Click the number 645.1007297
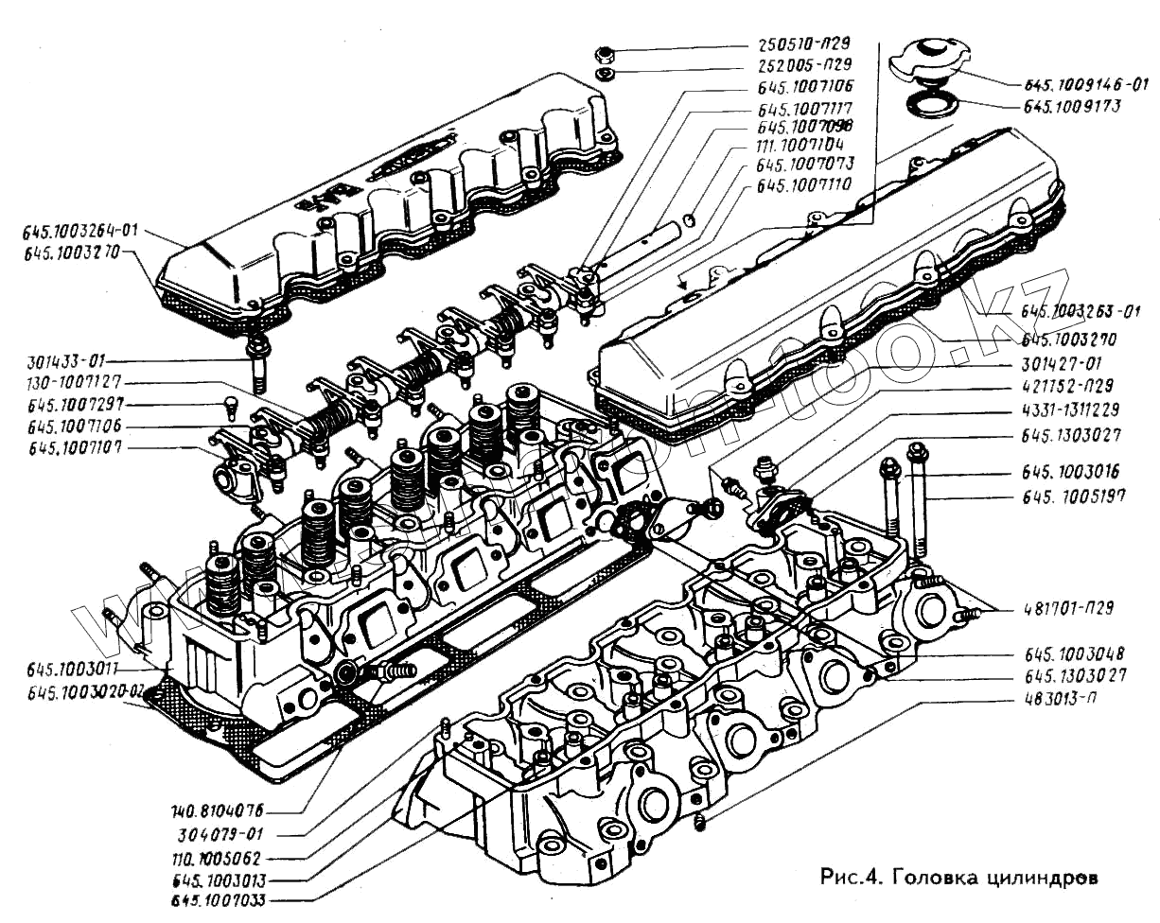pyautogui.click(x=68, y=406)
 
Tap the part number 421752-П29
pyautogui.click(x=1066, y=386)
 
